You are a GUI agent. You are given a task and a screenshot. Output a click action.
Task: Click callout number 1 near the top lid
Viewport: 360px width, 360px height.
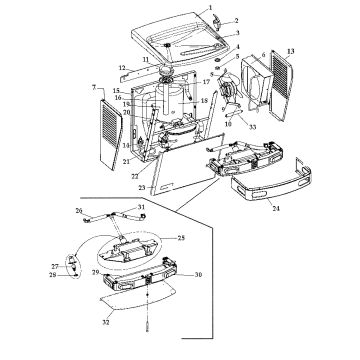click(214, 7)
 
